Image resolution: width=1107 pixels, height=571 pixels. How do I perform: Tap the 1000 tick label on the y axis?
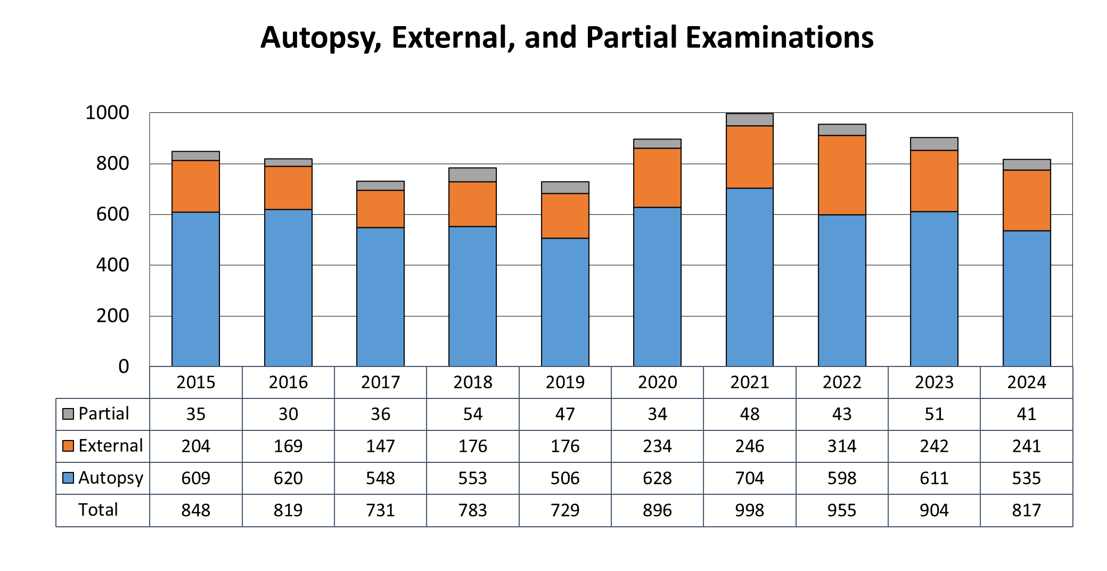(107, 112)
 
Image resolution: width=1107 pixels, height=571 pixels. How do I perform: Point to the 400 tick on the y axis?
(112, 265)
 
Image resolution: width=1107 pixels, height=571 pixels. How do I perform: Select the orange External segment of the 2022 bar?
(841, 175)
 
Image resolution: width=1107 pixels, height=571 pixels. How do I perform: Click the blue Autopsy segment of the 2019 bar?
(565, 302)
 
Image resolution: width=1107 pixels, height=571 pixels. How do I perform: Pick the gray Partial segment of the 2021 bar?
(749, 119)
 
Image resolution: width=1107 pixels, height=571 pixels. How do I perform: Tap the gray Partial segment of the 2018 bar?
(472, 175)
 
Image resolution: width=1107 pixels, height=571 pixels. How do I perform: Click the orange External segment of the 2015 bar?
(195, 186)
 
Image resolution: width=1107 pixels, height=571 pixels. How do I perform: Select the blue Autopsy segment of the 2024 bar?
(1026, 298)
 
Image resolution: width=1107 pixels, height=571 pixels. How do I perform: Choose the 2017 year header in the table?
(380, 382)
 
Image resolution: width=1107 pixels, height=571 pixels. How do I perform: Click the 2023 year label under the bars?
(934, 382)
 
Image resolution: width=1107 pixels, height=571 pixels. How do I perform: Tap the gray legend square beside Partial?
(68, 414)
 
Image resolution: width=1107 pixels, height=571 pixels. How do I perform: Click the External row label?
(110, 446)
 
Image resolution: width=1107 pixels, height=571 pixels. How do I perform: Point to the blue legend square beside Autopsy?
(68, 478)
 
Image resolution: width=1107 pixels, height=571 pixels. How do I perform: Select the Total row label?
(98, 510)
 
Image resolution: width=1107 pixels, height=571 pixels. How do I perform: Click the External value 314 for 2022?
(841, 446)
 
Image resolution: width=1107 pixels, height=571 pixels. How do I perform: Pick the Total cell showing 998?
(749, 510)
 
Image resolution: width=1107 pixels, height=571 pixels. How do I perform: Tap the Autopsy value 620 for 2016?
(288, 478)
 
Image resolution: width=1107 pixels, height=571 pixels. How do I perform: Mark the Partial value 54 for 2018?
(472, 414)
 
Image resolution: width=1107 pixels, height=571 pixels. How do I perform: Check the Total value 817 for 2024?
(1026, 510)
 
